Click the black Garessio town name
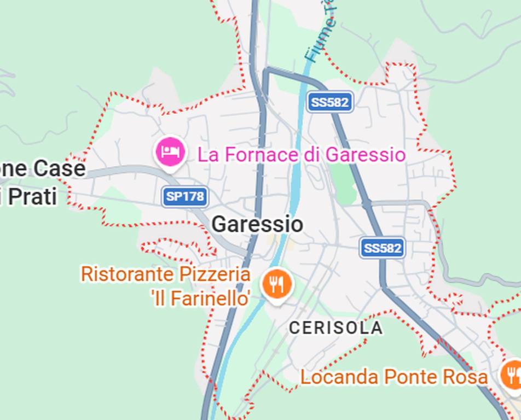point(257,224)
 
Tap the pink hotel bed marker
point(171,151)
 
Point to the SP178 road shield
point(185,196)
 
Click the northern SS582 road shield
point(329,102)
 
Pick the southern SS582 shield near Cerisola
point(383,248)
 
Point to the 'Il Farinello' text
point(201,299)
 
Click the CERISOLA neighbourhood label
point(335,328)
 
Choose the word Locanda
point(339,377)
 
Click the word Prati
point(30,196)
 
